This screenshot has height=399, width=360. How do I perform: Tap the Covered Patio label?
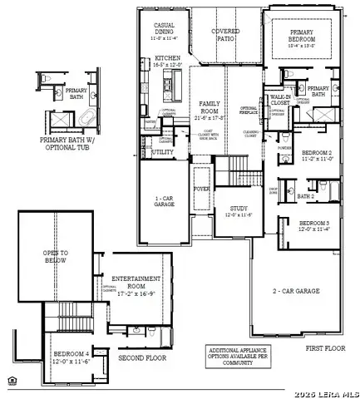[225, 34]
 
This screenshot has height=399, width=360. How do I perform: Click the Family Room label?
[210, 106]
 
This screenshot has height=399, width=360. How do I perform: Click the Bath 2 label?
[306, 196]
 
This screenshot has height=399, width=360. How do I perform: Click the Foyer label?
[202, 188]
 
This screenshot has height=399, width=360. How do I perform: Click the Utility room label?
[164, 153]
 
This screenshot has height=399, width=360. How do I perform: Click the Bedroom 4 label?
[70, 355]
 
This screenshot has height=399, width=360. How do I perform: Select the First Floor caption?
[324, 347]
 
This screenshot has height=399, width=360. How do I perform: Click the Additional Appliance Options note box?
[239, 356]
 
